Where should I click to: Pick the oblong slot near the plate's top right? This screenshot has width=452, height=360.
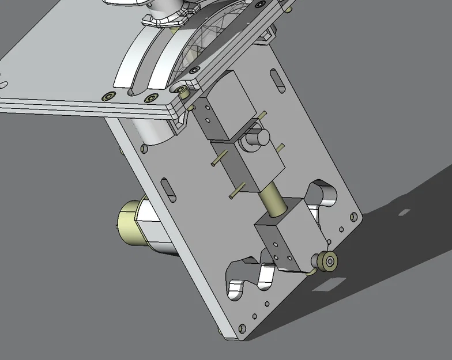point(278,81)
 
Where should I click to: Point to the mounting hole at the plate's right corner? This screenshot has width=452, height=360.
point(353,217)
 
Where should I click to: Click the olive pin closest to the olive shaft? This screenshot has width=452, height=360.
point(236,191)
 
